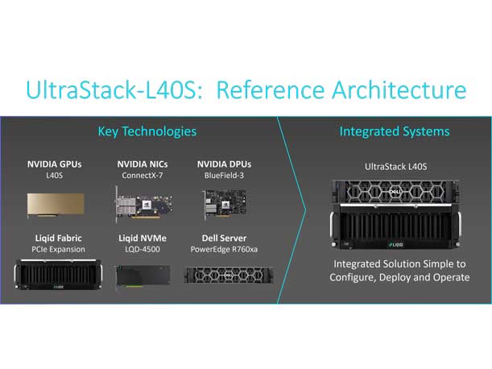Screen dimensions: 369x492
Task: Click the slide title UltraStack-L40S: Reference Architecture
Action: (246, 89)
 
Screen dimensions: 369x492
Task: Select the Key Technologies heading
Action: (147, 131)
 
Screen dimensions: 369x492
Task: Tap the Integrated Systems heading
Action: (395, 131)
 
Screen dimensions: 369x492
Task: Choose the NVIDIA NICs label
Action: (143, 164)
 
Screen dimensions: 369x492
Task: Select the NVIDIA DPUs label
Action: (225, 164)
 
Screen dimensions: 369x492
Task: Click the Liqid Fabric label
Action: (58, 238)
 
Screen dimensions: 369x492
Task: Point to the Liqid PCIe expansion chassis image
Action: (58, 274)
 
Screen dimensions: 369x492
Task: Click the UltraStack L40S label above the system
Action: (395, 167)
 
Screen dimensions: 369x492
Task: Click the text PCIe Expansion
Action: (58, 250)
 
